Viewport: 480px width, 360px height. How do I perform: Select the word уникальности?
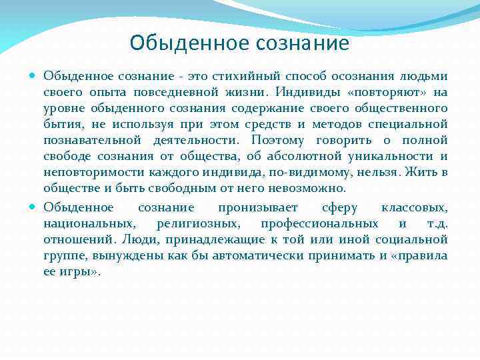click(x=393, y=157)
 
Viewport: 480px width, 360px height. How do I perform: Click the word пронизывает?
click(x=259, y=207)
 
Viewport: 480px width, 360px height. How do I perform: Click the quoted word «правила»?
click(x=419, y=255)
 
